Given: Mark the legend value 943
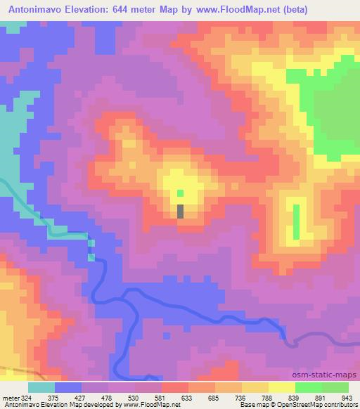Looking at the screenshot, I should [346, 396].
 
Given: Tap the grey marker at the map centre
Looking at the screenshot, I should [181, 211].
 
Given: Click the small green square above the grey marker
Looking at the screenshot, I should [181, 193].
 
